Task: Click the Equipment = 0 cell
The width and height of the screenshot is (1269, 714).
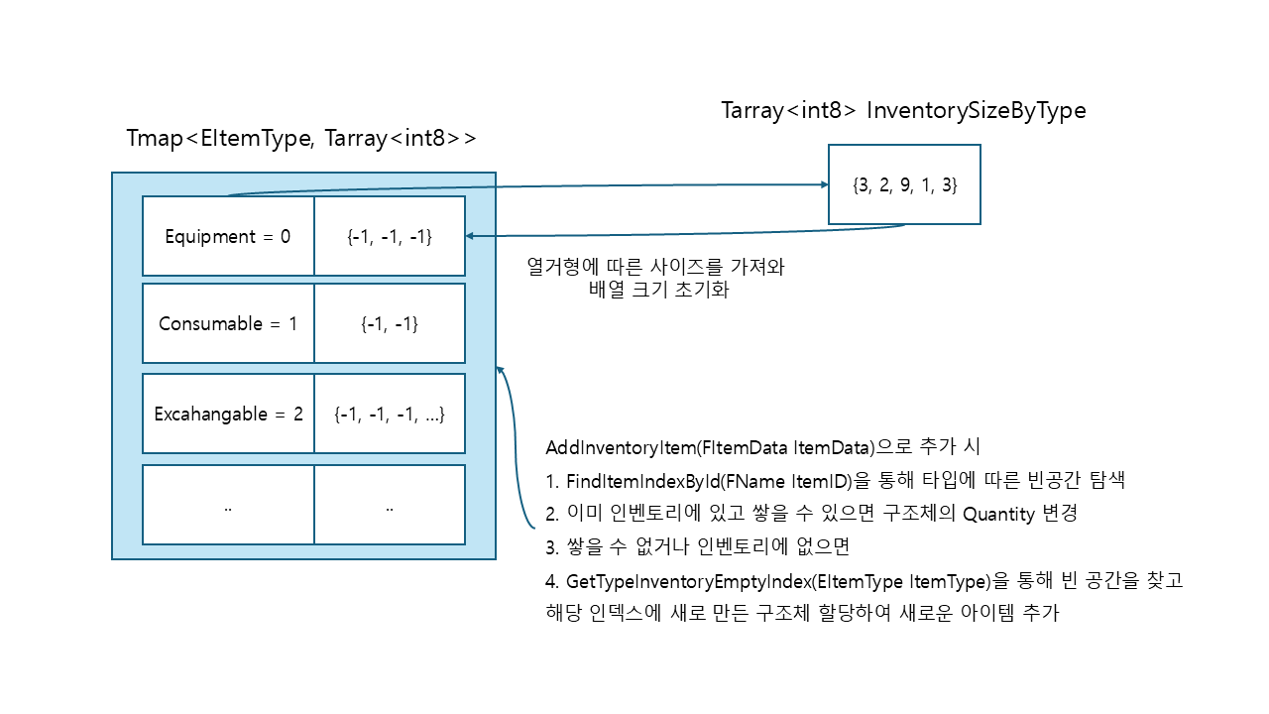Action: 228,236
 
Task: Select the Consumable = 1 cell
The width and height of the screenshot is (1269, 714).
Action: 228,323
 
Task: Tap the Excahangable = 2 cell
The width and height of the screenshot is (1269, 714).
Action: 228,414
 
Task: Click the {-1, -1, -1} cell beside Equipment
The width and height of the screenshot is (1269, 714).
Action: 390,236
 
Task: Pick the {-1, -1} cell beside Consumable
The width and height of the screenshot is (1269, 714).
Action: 390,323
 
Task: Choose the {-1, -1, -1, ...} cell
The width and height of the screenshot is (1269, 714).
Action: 390,414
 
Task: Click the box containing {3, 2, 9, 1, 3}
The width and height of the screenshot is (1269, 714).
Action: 904,184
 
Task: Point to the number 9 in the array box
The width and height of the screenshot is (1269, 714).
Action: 905,184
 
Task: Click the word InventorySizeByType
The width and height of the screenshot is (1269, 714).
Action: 977,110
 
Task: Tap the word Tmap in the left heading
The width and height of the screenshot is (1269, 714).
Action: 155,138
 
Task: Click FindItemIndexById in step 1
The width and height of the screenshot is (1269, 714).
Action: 642,481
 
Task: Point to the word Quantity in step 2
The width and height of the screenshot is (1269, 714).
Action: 998,514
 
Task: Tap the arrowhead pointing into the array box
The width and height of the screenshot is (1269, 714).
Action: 825,184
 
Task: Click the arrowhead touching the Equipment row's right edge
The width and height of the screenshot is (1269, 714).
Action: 470,236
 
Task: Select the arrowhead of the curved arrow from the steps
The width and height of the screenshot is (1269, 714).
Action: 500,370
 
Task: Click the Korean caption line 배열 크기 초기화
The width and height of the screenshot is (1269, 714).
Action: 658,290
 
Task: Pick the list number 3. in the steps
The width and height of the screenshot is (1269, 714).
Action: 552,547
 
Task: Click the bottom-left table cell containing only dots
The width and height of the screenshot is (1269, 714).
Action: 228,505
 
